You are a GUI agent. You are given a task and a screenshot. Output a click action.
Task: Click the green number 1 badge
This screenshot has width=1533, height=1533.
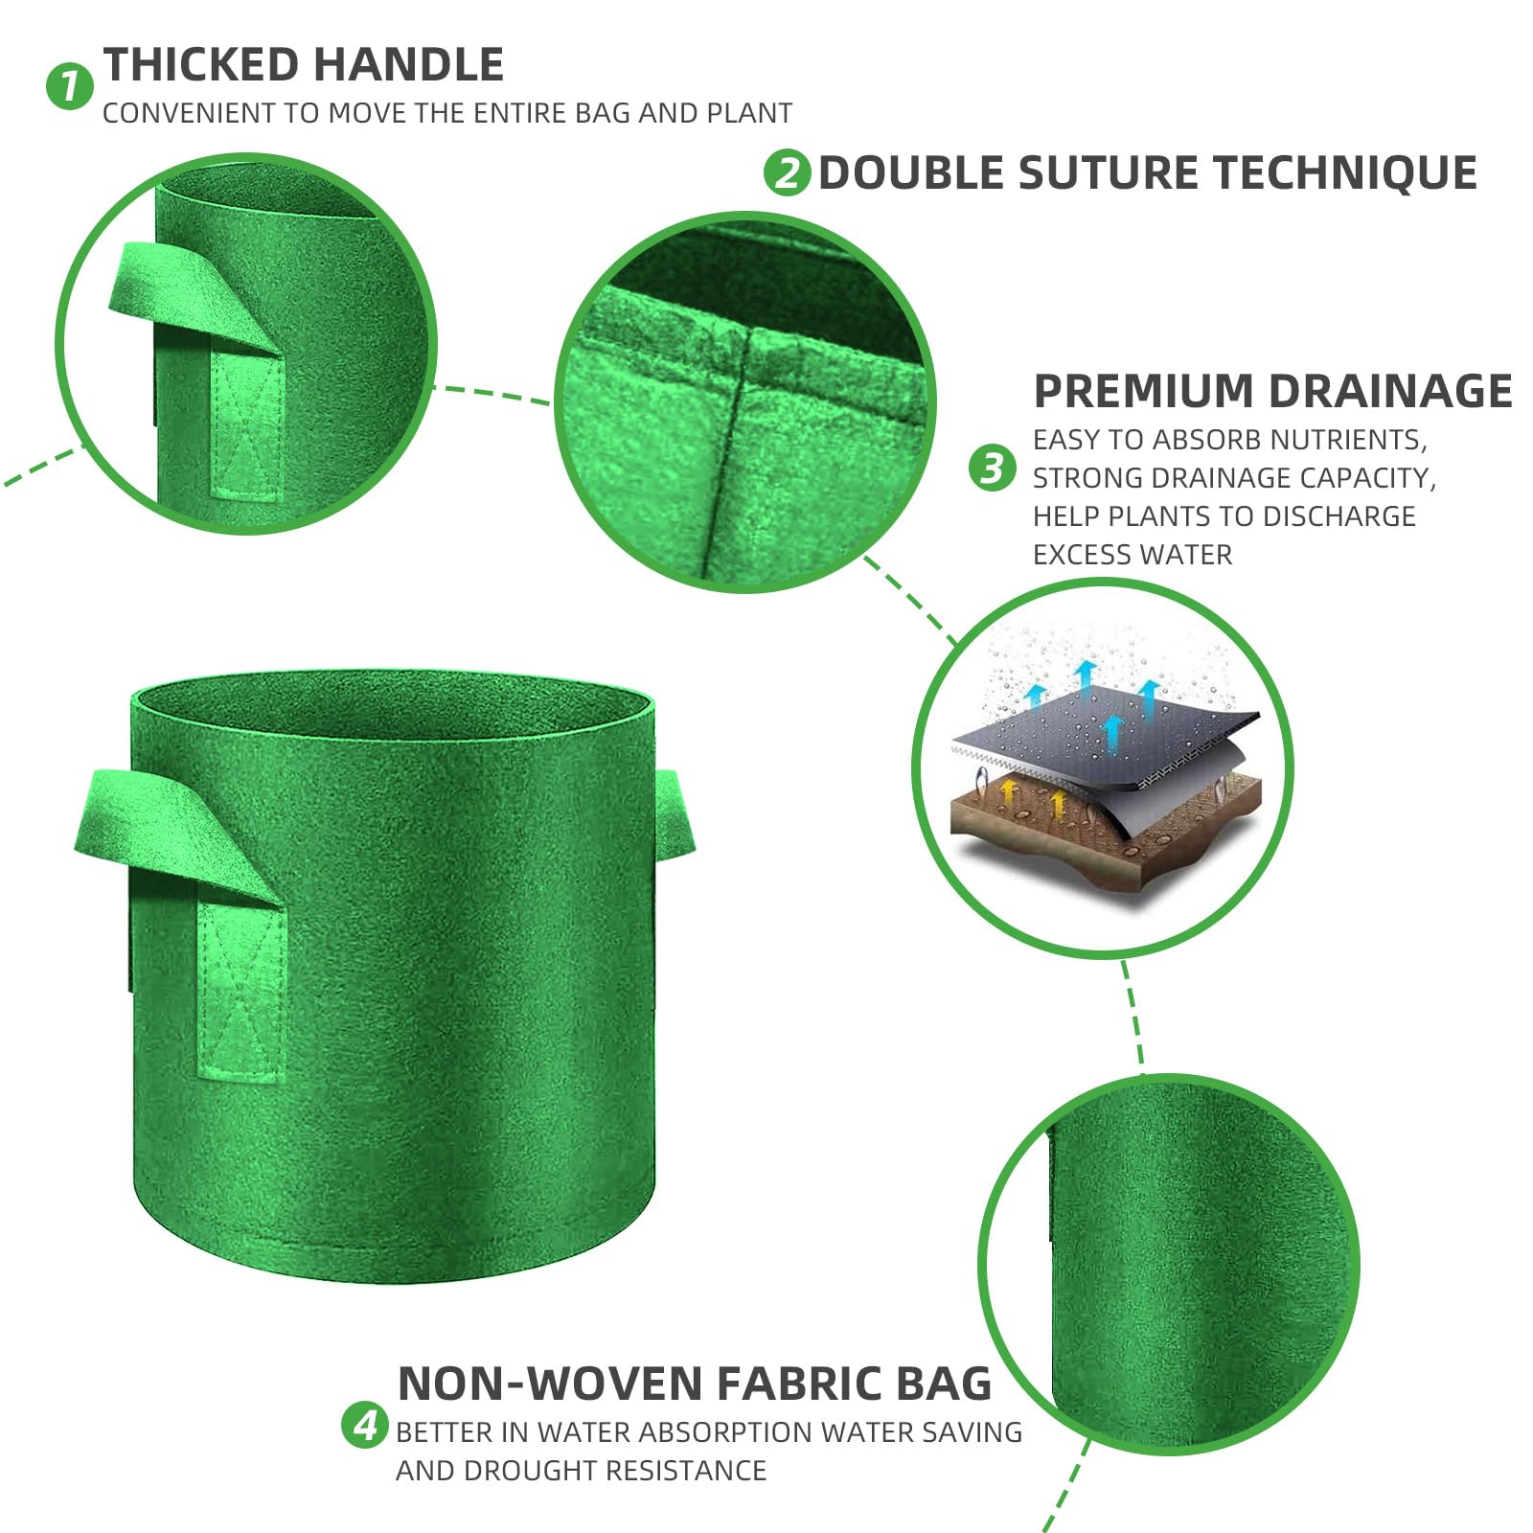(69, 86)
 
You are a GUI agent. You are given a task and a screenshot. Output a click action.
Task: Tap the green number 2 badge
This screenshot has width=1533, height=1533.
(787, 172)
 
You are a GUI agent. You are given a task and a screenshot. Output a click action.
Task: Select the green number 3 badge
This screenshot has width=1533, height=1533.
(992, 468)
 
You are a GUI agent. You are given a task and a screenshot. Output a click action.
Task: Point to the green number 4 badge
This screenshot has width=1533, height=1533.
(365, 1425)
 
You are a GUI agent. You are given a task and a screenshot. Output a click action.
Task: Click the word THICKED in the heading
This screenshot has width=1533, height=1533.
(200, 65)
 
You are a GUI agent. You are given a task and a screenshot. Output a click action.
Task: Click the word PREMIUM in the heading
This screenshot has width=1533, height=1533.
(1144, 392)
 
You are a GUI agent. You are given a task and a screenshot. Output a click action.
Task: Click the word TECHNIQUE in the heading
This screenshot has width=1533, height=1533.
(1345, 173)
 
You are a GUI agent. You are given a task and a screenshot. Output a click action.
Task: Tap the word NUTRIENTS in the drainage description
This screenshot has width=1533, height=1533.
(1347, 440)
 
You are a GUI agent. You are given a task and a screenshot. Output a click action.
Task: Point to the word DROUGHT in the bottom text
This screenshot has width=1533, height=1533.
(535, 1471)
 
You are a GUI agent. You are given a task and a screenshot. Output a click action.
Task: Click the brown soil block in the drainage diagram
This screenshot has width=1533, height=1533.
(1102, 824)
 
